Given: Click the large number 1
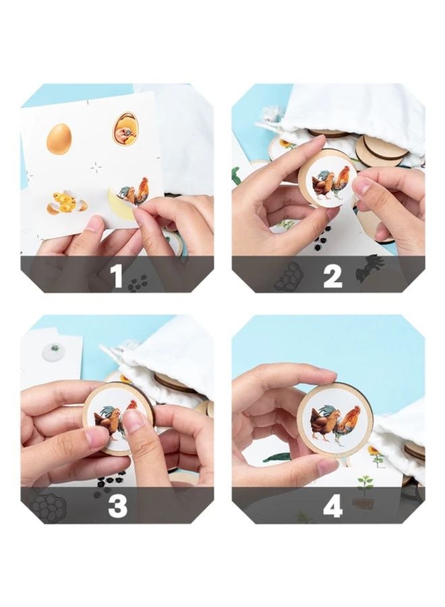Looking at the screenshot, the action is pyautogui.click(x=117, y=277).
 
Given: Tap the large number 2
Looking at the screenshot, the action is pyautogui.click(x=332, y=277).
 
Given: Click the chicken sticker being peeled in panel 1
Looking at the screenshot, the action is pyautogui.click(x=132, y=194).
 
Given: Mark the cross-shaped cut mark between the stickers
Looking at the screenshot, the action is pyautogui.click(x=96, y=168).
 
